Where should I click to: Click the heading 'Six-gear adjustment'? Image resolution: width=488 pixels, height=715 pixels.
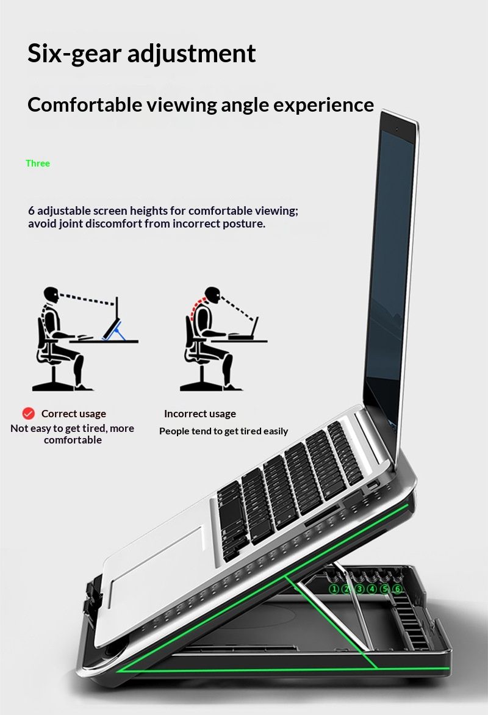142,54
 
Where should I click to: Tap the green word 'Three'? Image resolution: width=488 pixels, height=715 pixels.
38,163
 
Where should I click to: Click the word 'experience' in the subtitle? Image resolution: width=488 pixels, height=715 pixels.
323,105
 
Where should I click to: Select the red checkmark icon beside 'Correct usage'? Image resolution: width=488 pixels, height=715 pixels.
28,414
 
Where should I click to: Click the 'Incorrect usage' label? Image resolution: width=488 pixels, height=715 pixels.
200,414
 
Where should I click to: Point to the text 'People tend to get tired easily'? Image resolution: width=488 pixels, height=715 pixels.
223,431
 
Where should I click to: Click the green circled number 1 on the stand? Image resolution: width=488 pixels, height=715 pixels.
334,589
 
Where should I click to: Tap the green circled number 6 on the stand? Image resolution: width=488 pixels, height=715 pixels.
398,589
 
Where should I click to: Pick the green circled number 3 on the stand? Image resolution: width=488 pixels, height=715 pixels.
359,589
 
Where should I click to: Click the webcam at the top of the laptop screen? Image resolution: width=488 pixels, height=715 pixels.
397,131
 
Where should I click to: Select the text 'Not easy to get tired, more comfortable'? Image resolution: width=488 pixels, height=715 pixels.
72,434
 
